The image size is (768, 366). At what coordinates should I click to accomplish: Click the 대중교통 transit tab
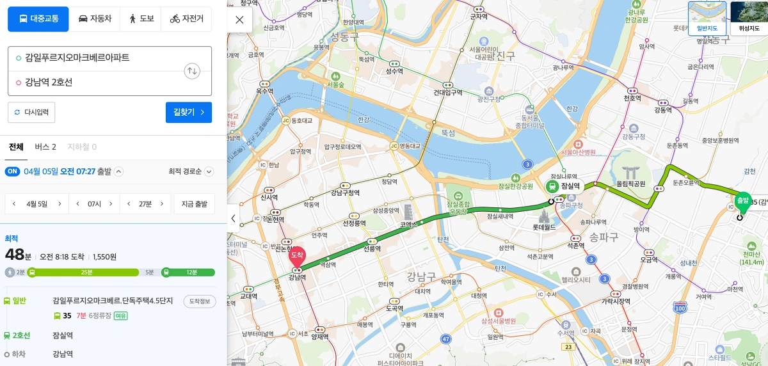click(38, 19)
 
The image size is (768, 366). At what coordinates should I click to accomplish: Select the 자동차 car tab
click(95, 19)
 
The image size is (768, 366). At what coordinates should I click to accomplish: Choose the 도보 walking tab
click(141, 19)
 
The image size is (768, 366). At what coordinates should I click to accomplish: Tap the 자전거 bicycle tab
click(187, 19)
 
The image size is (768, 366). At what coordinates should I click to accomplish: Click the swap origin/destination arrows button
click(192, 71)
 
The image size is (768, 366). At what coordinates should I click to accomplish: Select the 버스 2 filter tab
click(45, 147)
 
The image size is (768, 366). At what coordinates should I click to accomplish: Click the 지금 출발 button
click(195, 204)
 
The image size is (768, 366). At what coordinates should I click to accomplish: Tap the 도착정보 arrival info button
click(200, 301)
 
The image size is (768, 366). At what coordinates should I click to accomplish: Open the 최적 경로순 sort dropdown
click(191, 171)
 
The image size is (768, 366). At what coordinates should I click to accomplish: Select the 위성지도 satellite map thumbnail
click(749, 18)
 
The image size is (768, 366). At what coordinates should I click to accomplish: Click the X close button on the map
click(239, 20)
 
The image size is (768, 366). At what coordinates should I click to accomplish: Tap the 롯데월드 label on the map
click(544, 227)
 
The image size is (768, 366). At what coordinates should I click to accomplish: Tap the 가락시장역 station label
click(616, 301)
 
